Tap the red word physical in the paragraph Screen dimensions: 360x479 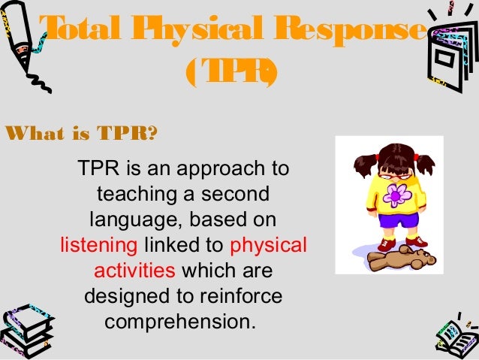pos(269,245)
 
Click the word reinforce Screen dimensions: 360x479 pos(240,296)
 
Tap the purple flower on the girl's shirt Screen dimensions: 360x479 pos(398,195)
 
